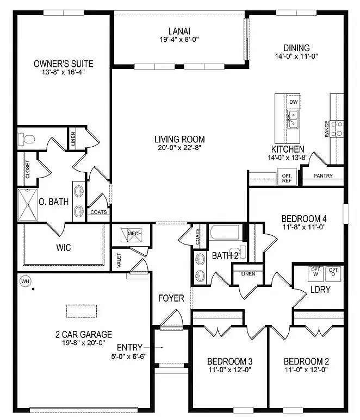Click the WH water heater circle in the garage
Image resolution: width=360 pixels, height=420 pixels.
[25, 281]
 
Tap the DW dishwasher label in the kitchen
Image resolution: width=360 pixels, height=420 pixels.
[294, 102]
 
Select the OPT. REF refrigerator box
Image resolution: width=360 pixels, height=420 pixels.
[287, 177]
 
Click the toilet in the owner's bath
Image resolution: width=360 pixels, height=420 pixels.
[26, 139]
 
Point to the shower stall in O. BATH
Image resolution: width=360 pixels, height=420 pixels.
[28, 205]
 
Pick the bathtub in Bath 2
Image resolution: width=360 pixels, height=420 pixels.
[225, 233]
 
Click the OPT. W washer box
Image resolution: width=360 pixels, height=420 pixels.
[316, 274]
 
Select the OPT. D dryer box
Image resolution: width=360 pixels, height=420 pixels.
[333, 274]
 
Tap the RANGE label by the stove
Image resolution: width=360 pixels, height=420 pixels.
[327, 129]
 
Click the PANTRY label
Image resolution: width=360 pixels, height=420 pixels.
[323, 175]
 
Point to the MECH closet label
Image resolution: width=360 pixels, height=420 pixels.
[134, 233]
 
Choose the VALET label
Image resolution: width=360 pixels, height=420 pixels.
[119, 260]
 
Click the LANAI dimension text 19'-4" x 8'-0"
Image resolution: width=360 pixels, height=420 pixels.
[179, 39]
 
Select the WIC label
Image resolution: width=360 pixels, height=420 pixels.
[64, 247]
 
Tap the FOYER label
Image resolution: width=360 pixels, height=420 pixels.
[171, 298]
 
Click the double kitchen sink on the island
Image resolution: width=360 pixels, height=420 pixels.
[293, 119]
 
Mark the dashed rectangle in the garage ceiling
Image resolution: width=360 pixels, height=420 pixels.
[82, 311]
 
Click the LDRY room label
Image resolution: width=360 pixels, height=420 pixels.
[320, 289]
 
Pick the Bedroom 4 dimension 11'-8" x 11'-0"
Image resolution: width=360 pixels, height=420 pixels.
[304, 227]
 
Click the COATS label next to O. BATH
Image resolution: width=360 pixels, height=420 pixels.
[98, 212]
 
